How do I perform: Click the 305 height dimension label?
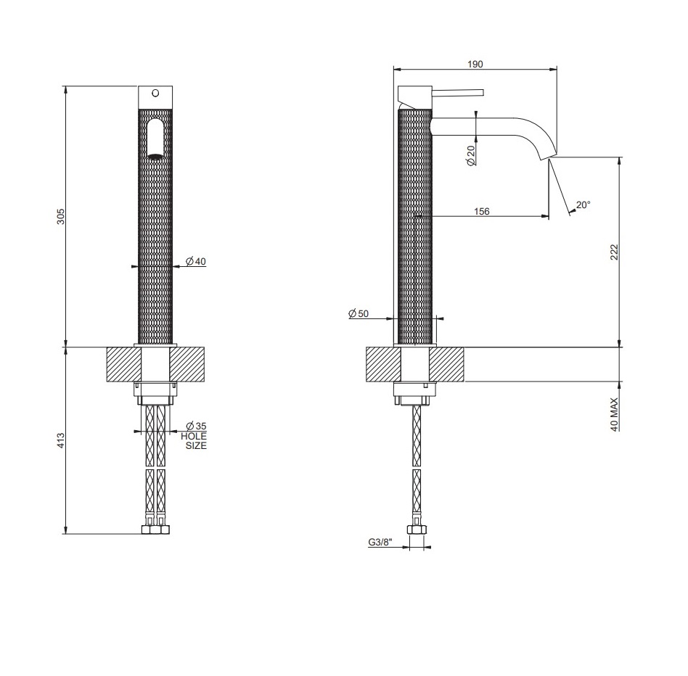pos(61,216)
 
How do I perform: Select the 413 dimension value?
pos(61,440)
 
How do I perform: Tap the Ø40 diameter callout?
pos(196,261)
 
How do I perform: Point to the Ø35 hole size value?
pos(196,426)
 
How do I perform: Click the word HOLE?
pos(194,436)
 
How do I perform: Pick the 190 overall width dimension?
pos(475,64)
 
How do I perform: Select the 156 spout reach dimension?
pos(481,211)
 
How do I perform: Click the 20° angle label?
pos(583,205)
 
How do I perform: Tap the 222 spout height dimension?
pos(614,252)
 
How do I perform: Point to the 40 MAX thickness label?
pos(614,414)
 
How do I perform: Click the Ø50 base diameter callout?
pos(359,314)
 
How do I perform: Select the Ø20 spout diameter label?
pos(471,156)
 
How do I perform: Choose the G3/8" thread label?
pos(380,543)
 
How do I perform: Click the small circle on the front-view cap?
pos(155,93)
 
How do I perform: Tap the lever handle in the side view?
pos(458,93)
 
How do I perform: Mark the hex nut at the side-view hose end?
pos(416,529)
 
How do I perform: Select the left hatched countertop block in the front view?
pos(123,364)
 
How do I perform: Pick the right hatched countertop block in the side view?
pos(446,364)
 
